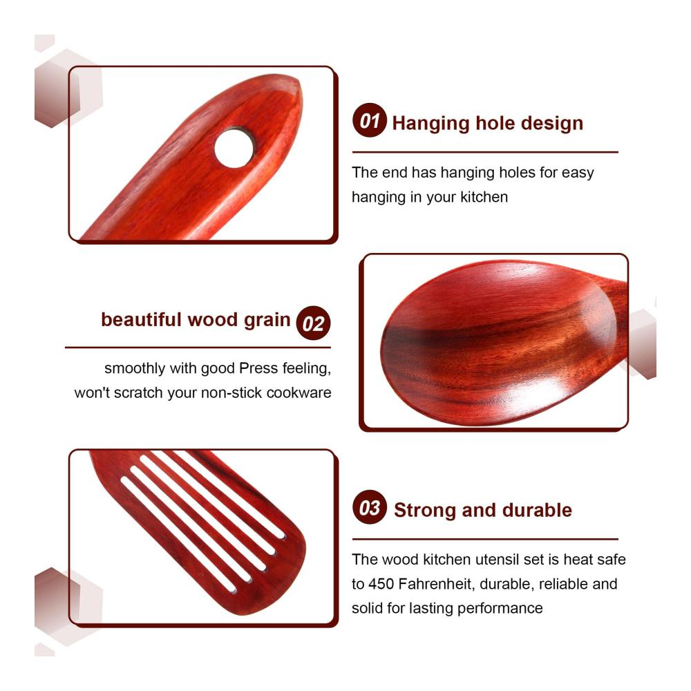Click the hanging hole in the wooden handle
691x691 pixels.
tap(234, 148)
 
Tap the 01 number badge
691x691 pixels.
tap(369, 120)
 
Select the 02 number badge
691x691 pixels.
tap(313, 323)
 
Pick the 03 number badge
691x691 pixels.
tap(369, 507)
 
